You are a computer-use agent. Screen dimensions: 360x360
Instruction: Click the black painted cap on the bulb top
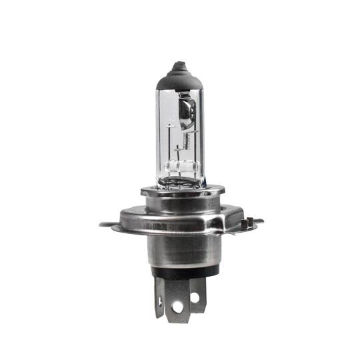[178, 75]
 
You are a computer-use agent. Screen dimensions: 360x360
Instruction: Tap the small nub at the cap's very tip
[178, 65]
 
